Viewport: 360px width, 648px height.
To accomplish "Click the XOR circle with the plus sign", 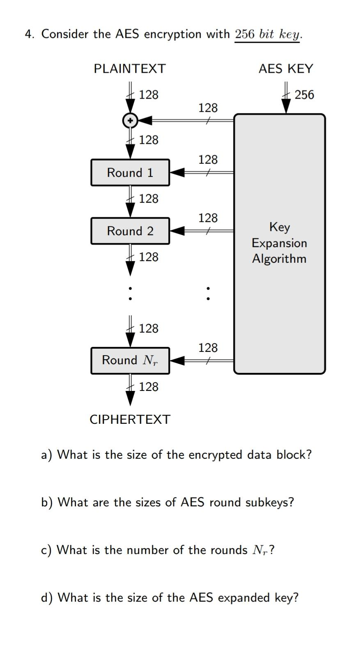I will click(x=130, y=120).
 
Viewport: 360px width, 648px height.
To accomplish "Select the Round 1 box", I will click(x=130, y=172).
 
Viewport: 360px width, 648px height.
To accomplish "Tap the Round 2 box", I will click(x=130, y=231).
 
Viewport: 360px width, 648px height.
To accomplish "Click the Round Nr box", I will click(x=130, y=360).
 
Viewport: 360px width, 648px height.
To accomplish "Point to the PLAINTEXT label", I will click(x=129, y=69).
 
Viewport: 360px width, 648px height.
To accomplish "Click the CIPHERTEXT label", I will click(x=130, y=419).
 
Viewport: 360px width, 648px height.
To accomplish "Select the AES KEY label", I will click(x=286, y=69).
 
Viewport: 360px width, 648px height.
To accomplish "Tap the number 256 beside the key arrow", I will click(x=304, y=95).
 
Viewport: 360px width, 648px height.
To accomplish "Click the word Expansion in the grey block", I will click(x=279, y=243).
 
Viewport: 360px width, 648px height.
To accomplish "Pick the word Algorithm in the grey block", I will click(x=279, y=259).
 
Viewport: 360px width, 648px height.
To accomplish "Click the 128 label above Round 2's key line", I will click(x=208, y=218).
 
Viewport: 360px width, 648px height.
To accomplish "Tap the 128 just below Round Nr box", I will click(x=148, y=387).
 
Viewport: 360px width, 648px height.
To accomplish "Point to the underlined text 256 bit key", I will click(x=268, y=34).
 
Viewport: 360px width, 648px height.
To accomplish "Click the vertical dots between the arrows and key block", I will click(x=208, y=293).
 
